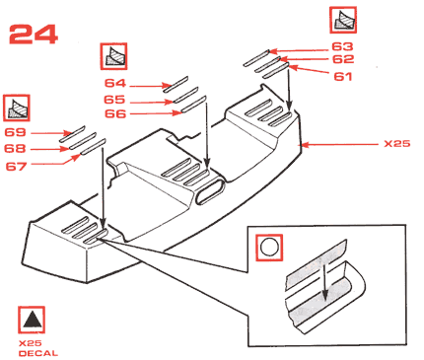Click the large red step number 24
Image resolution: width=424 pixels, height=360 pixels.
pos(34,35)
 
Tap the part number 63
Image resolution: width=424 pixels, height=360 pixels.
pos(342,46)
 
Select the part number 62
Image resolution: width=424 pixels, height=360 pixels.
pos(343,59)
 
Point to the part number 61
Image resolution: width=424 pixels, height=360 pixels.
pos(343,76)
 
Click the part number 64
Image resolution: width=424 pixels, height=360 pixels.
pos(115,83)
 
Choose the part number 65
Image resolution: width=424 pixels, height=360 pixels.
pos(114,100)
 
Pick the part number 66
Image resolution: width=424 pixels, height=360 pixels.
pos(115,113)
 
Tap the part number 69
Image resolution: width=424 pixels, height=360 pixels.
pos(15,132)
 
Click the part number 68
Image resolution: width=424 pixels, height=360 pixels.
pos(15,148)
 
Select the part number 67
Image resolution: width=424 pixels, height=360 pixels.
pos(16,166)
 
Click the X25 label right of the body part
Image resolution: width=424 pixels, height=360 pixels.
pos(397,144)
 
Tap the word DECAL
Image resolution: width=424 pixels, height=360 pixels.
pos(38,353)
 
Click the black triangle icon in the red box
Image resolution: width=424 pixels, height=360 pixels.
pos(32,320)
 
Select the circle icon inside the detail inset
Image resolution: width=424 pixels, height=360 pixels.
pos(269,248)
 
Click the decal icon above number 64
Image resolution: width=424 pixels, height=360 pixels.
pos(113,56)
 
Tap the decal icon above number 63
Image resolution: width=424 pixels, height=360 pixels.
pos(343,20)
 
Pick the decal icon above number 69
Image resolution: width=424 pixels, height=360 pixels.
pos(17,108)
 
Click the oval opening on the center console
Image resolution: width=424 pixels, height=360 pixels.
pos(209,192)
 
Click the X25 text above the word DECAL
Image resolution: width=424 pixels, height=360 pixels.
pos(31,343)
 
